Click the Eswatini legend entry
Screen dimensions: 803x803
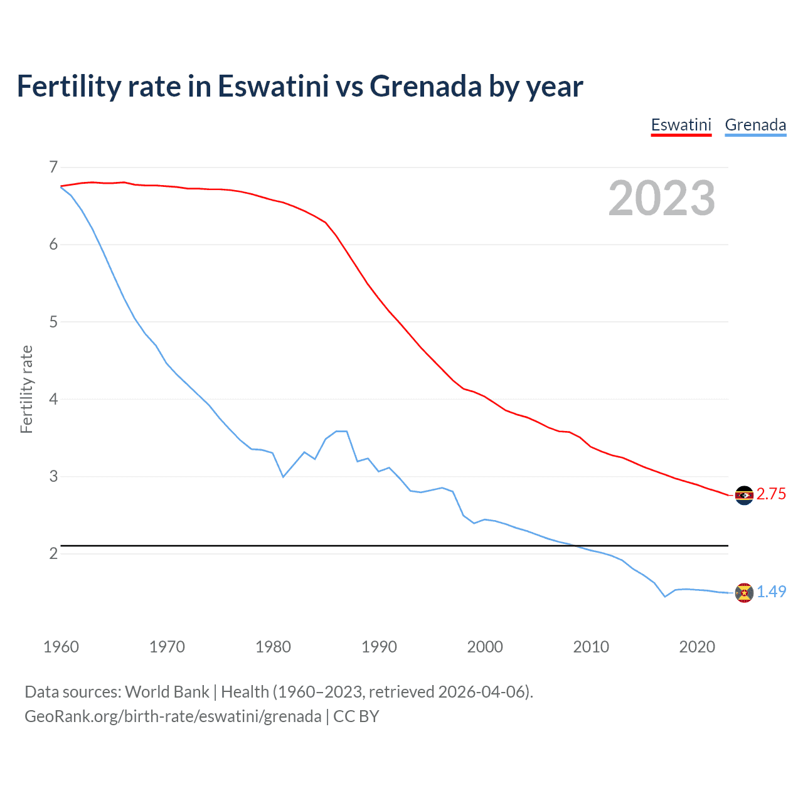point(681,125)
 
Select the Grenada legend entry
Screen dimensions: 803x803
point(755,125)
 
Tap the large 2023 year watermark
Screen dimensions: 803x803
point(662,198)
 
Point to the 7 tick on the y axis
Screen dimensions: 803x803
point(53,167)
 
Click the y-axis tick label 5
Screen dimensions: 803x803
point(53,322)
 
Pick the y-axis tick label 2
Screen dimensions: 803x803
point(53,553)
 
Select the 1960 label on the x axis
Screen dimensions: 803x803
point(61,647)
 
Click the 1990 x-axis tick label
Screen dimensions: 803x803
point(379,647)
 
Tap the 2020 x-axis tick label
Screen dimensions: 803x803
point(697,647)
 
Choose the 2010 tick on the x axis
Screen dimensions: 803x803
point(591,647)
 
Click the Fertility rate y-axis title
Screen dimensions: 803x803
point(26,389)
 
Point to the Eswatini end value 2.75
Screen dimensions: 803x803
point(771,494)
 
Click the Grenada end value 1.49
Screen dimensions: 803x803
point(771,592)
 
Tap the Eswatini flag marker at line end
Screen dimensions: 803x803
point(744,496)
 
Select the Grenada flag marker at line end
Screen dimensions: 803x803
point(744,593)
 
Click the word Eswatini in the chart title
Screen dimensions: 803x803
point(273,86)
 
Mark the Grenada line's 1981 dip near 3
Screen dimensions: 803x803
point(283,477)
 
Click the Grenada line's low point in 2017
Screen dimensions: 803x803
point(665,597)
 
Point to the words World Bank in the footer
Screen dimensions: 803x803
point(167,692)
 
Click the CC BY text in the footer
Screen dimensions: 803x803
point(356,716)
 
